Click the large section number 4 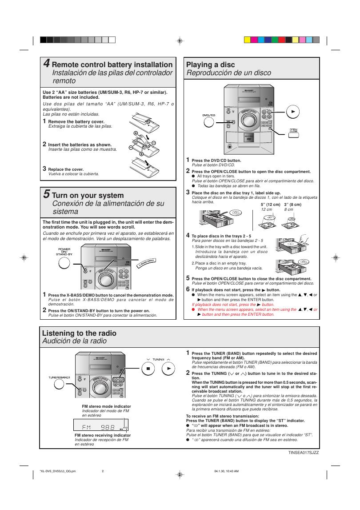point(46,64)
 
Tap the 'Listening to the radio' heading point(79,333)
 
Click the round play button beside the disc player point(292,112)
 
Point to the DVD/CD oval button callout point(208,116)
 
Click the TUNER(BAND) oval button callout point(59,377)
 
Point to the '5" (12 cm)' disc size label point(270,205)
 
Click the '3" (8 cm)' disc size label point(292,205)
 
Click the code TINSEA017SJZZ point(304,452)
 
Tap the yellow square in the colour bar point(248,40)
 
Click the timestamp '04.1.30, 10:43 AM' point(226,471)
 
